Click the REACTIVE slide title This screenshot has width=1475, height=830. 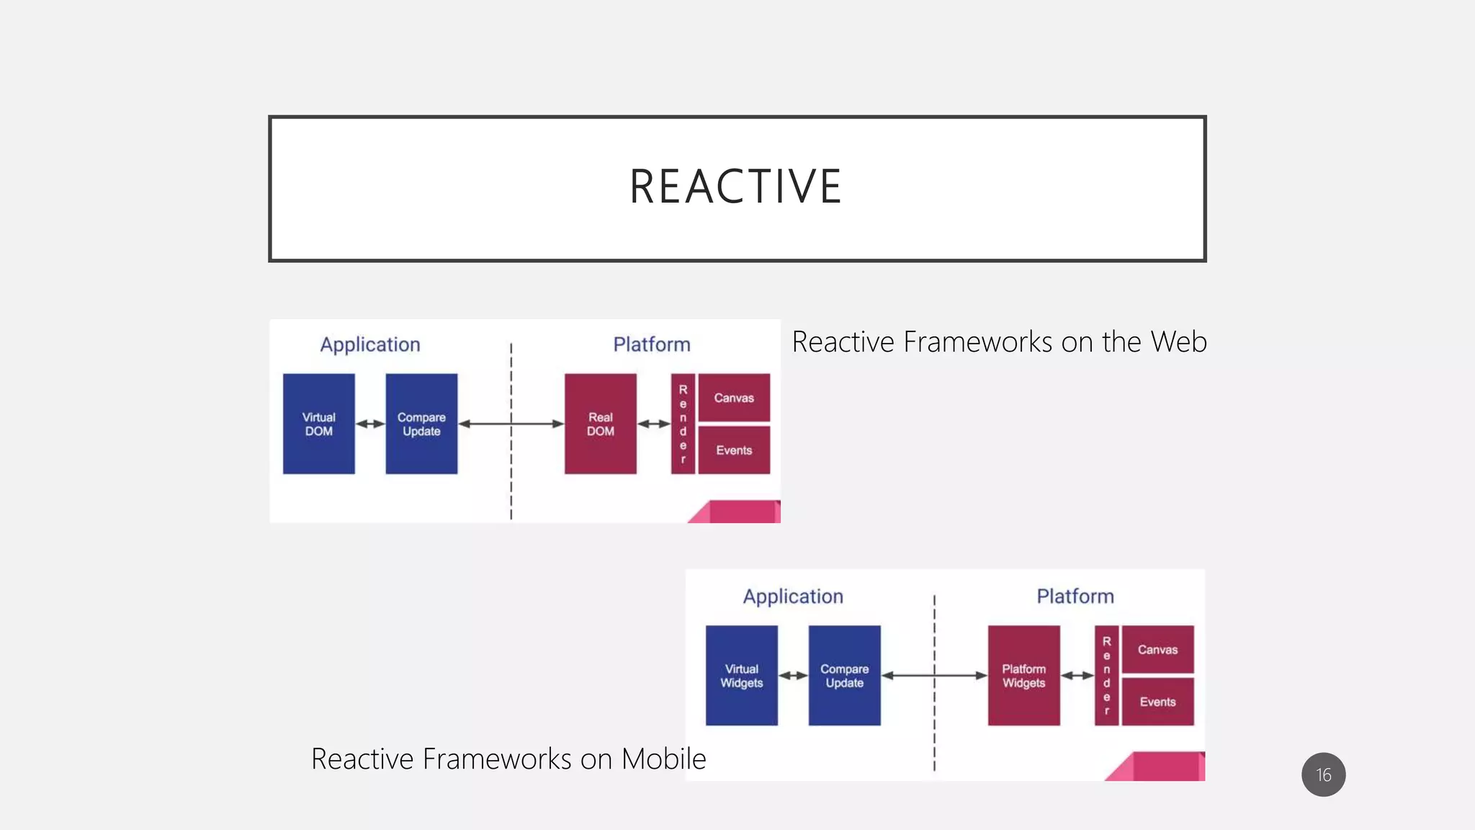[x=735, y=187]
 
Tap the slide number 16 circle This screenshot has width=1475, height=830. [x=1323, y=775]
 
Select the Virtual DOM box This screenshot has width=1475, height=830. [x=318, y=424]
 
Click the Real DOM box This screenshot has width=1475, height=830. [x=600, y=424]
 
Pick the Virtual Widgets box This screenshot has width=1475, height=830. [x=741, y=676]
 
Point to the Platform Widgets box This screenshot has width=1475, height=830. [x=1023, y=676]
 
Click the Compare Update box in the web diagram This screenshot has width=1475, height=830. [x=421, y=424]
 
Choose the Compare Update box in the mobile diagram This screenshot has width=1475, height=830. [x=844, y=676]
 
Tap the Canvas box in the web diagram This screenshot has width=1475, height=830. [x=734, y=398]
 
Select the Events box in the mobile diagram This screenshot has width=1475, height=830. [x=1157, y=702]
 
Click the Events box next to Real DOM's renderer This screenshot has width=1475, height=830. [x=734, y=450]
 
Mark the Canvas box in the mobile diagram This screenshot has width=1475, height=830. [x=1157, y=649]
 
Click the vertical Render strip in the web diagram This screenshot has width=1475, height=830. [x=683, y=424]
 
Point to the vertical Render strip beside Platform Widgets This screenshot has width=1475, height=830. [x=1106, y=676]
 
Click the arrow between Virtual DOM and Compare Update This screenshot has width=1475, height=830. [x=370, y=424]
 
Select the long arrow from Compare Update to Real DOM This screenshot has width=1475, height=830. [x=511, y=424]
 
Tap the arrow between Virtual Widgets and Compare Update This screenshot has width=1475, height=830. [x=793, y=676]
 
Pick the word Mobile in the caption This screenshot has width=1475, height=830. [x=663, y=759]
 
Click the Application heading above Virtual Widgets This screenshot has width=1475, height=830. [x=793, y=597]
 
